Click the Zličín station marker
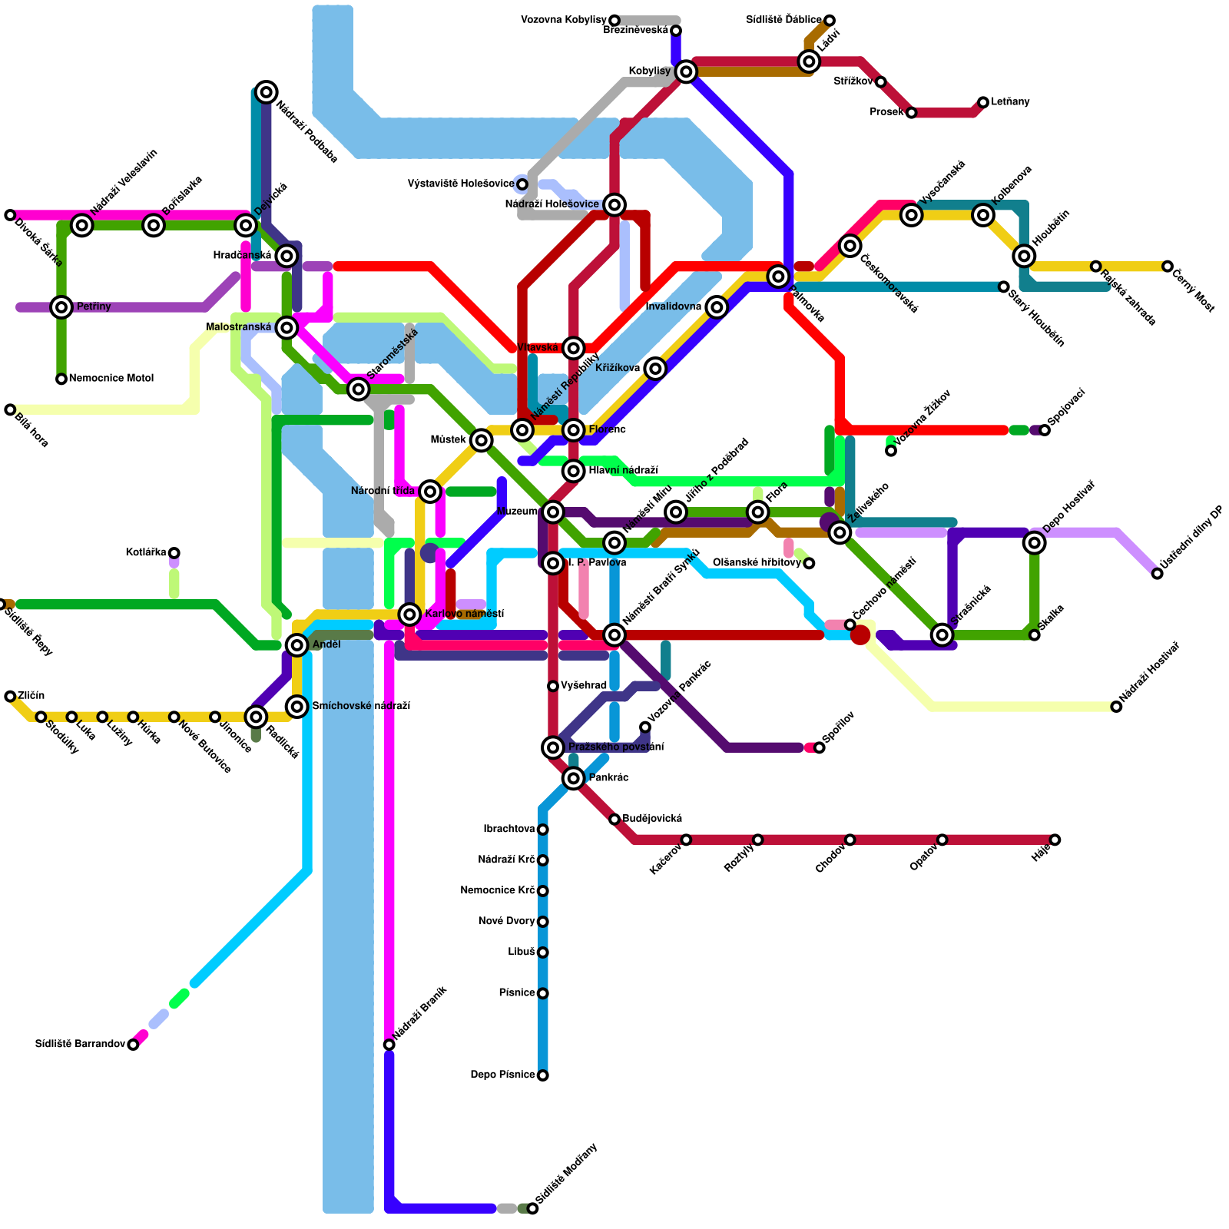coord(10,696)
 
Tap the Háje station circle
coord(1055,840)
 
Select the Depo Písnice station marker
coord(543,1075)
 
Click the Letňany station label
coord(1010,101)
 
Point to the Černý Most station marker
coord(1168,267)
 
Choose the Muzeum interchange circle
coord(553,512)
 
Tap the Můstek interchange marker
coord(482,440)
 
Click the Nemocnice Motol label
coord(111,378)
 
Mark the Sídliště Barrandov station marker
coord(133,1044)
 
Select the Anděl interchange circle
coord(297,644)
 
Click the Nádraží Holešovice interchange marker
coord(614,204)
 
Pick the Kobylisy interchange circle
coord(687,71)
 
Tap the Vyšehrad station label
coord(583,685)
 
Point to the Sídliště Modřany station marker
coord(532,1208)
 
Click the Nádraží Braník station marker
coord(389,1045)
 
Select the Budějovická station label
coord(651,819)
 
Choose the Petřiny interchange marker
coord(61,307)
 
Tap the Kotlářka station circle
coord(174,553)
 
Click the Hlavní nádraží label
coord(623,470)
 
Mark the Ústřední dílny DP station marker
coord(1158,574)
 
